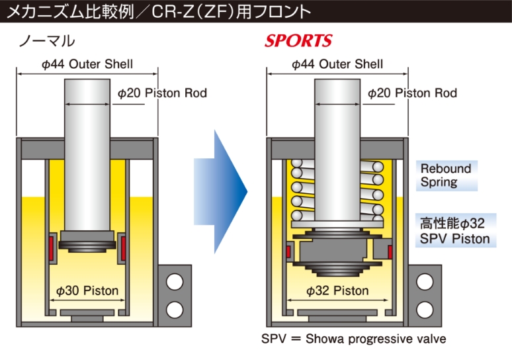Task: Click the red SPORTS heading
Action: click(x=298, y=41)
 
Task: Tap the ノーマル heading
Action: click(x=47, y=41)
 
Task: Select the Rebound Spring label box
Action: click(x=446, y=175)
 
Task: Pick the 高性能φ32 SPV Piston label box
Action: click(x=456, y=230)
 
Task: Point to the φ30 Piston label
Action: click(x=87, y=291)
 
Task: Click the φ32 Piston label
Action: click(x=337, y=291)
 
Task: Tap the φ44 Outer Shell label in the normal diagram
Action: click(x=87, y=64)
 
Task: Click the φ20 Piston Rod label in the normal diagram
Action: click(x=162, y=93)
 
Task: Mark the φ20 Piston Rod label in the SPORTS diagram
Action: click(x=412, y=93)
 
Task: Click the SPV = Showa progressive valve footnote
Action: click(x=353, y=339)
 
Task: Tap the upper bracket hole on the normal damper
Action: click(x=175, y=283)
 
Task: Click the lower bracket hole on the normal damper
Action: click(x=175, y=309)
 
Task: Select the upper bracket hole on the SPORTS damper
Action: click(x=425, y=283)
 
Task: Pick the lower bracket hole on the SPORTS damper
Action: click(x=425, y=309)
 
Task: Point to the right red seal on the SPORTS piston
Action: click(x=390, y=251)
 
